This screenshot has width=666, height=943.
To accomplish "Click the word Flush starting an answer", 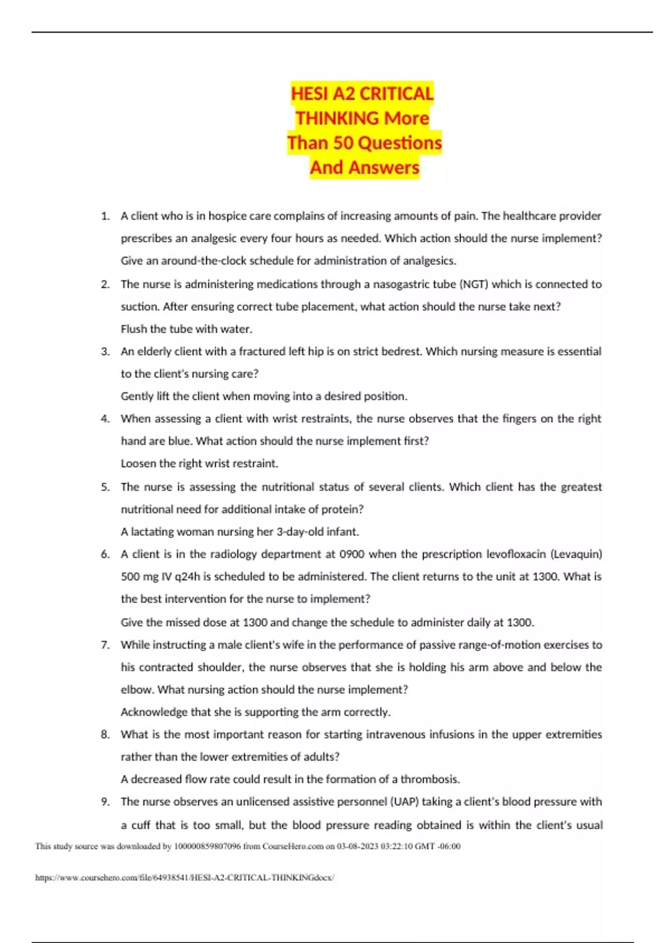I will pos(134,329).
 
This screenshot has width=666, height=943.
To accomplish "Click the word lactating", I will pos(152,531).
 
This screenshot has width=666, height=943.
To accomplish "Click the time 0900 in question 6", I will pos(352,554).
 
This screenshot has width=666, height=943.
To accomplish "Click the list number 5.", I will pos(105,487).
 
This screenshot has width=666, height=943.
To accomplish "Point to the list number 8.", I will pos(105,734).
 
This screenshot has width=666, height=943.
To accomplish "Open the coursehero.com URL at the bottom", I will pos(184,878).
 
